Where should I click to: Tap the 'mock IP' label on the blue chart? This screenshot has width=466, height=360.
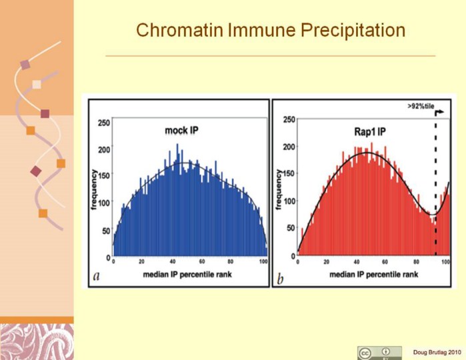pos(182,130)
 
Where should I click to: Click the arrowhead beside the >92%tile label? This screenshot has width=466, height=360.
pos(443,113)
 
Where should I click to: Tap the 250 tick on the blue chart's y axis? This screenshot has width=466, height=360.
pos(105,123)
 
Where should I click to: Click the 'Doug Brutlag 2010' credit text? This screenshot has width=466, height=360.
pos(436,352)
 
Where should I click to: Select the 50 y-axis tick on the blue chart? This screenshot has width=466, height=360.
pos(106,231)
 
